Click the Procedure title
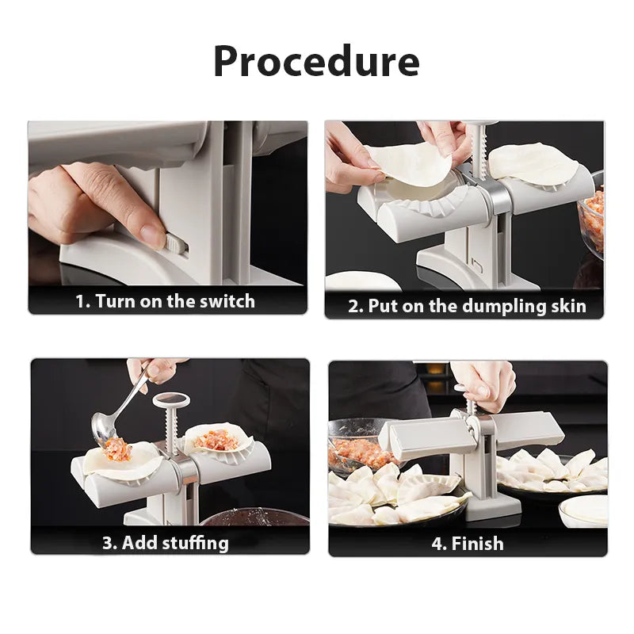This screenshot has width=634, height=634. click(316, 61)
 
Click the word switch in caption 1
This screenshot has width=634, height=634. click(227, 301)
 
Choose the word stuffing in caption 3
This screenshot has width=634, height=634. click(195, 543)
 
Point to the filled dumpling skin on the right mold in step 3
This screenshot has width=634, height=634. click(216, 437)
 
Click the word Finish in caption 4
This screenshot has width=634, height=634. click(477, 543)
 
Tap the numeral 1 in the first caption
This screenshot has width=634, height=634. click(81, 301)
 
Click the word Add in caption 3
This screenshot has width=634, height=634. click(139, 543)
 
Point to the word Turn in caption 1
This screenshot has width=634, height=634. click(114, 301)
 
